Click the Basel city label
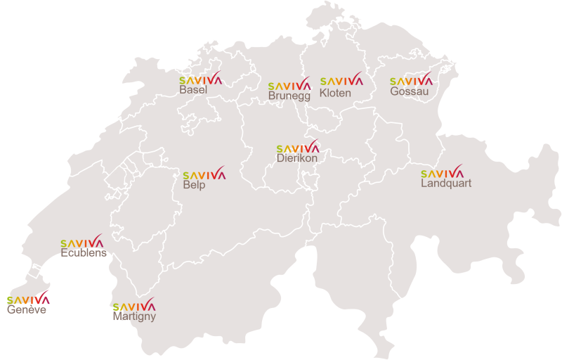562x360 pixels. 193,90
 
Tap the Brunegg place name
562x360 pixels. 289,96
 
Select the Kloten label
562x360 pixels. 335,93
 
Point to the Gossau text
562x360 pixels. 410,91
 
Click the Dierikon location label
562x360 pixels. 297,159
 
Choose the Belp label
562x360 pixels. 194,185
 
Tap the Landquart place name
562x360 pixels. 446,184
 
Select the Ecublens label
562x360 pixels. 84,253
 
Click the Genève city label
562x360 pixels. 27,309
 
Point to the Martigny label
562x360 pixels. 134,317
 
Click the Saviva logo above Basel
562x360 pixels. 201,79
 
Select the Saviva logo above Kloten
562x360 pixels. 341,79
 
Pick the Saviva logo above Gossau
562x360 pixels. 412,80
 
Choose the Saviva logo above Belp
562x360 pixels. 204,174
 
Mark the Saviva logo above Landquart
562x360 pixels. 443,172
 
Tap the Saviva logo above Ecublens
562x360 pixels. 82,242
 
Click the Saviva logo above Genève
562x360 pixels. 29,298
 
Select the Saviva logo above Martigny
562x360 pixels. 134,305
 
